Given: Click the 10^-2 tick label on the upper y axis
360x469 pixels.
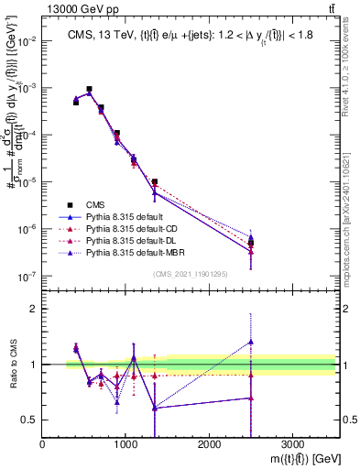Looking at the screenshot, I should coord(27,41).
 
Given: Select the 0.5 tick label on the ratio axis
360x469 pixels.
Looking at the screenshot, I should coord(30,420).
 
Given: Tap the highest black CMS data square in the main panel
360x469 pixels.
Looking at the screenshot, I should coord(89,90).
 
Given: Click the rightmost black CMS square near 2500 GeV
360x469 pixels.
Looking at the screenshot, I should coord(251,243).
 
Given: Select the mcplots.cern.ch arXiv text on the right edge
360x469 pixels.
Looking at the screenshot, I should coord(352,211).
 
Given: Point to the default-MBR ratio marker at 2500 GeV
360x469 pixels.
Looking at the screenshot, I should coord(251,342).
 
